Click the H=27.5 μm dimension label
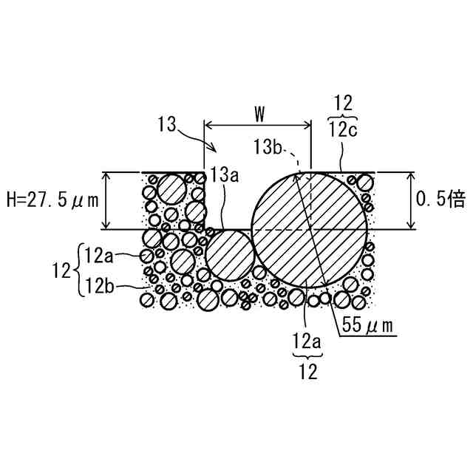[x=52, y=200]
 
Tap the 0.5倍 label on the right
[x=440, y=199]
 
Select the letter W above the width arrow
[x=259, y=115]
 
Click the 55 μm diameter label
[x=367, y=325]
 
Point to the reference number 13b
[x=268, y=147]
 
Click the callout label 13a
[x=225, y=175]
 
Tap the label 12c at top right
[x=343, y=130]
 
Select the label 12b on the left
[x=100, y=286]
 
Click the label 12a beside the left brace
[x=99, y=256]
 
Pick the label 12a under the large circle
[x=307, y=341]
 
